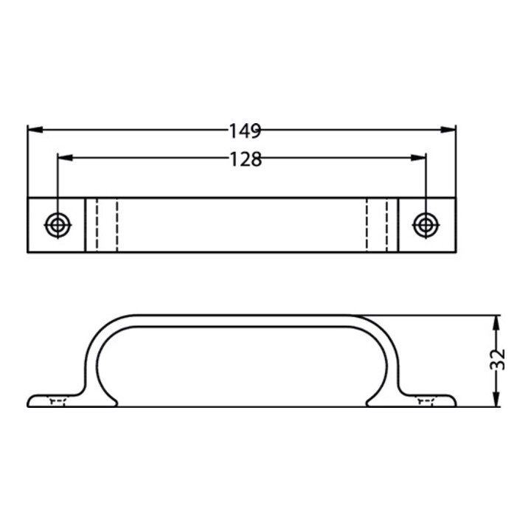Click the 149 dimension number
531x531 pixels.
point(245,131)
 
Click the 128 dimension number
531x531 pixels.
point(246,159)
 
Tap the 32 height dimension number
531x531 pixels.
point(498,360)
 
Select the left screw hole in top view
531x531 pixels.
point(58,225)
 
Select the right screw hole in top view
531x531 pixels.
point(426,225)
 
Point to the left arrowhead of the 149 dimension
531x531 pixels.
point(35,129)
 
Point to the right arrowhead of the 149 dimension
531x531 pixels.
point(448,129)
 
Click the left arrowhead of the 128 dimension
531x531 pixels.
point(66,158)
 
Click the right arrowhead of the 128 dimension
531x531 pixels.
point(418,158)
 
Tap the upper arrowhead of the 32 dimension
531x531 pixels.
point(496,323)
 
